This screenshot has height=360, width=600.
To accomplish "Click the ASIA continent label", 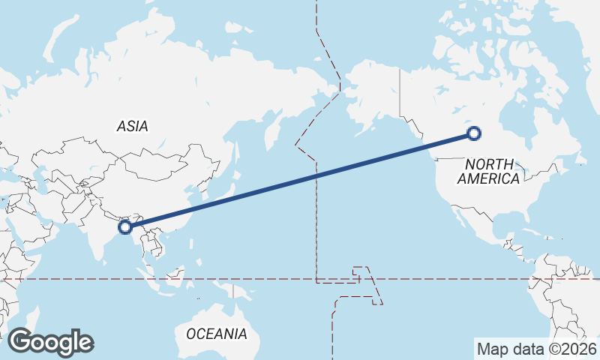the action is point(132,127).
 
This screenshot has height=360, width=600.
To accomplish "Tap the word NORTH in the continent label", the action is point(489,164).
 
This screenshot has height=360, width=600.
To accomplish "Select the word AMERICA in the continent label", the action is point(488,179).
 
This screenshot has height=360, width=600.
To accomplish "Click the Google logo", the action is point(51,341).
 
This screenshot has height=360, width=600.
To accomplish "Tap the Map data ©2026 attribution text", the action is point(536,349).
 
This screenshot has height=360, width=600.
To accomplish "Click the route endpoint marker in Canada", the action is point(473,134).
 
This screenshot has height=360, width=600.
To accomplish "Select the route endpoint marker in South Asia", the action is point(126,225).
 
